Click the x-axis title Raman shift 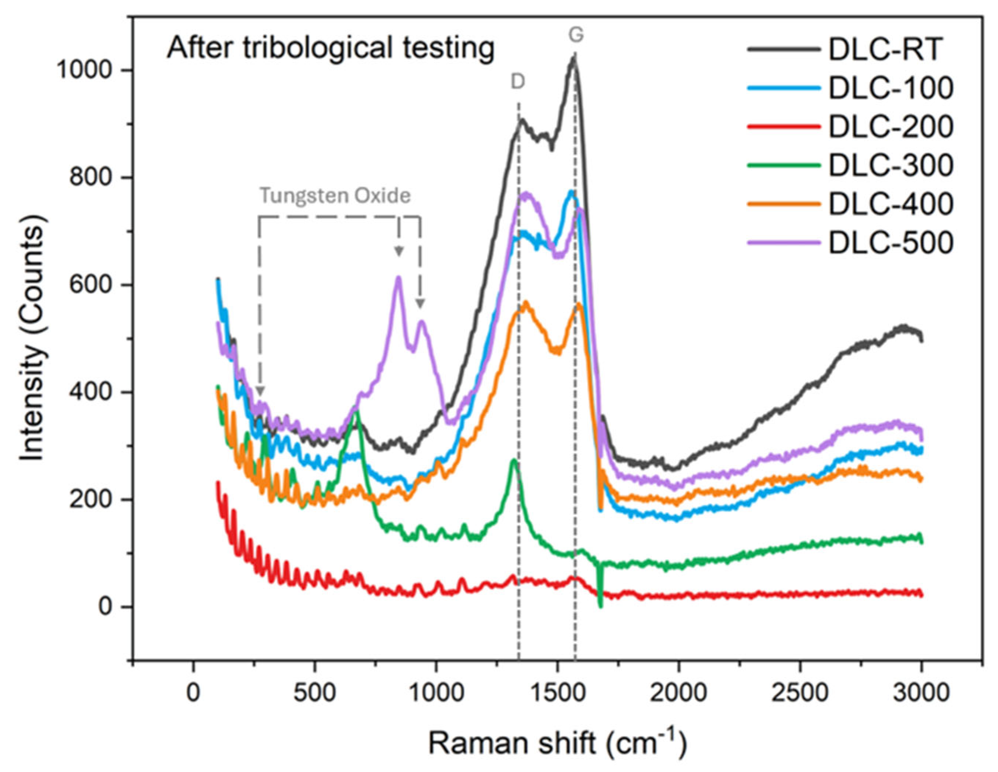[557, 743]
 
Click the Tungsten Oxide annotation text [335, 195]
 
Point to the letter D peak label [518, 82]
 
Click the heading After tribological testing [330, 49]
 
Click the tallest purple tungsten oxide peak [398, 278]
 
